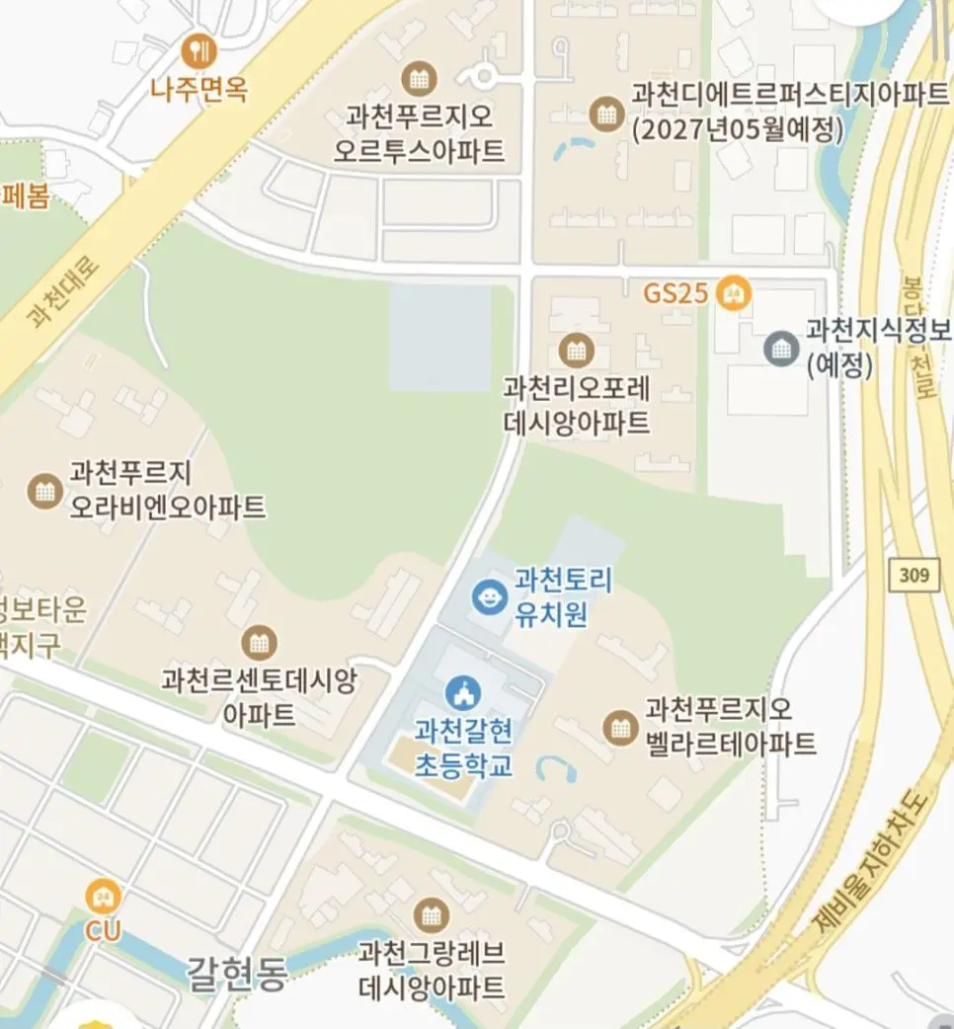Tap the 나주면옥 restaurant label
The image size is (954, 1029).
pyautogui.click(x=199, y=91)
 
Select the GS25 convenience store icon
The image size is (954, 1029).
pyautogui.click(x=733, y=293)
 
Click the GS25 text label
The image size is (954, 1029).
pyautogui.click(x=676, y=293)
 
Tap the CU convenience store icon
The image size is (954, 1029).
pyautogui.click(x=103, y=897)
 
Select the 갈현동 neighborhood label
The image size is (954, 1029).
pyautogui.click(x=237, y=975)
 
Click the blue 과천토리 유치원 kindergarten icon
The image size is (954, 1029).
pyautogui.click(x=488, y=596)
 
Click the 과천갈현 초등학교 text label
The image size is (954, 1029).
pyautogui.click(x=463, y=749)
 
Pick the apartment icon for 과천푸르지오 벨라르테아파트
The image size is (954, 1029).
pyautogui.click(x=619, y=728)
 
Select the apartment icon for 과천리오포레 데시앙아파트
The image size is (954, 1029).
pyautogui.click(x=575, y=349)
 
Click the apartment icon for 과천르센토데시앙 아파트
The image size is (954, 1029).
pyautogui.click(x=259, y=643)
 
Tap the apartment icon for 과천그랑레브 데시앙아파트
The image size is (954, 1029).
pyautogui.click(x=431, y=915)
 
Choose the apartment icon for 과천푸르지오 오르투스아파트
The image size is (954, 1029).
pyautogui.click(x=419, y=78)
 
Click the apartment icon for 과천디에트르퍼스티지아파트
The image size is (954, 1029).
pyautogui.click(x=605, y=114)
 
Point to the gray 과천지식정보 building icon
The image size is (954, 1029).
pyautogui.click(x=782, y=348)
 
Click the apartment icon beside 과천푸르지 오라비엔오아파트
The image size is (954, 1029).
pyautogui.click(x=43, y=490)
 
